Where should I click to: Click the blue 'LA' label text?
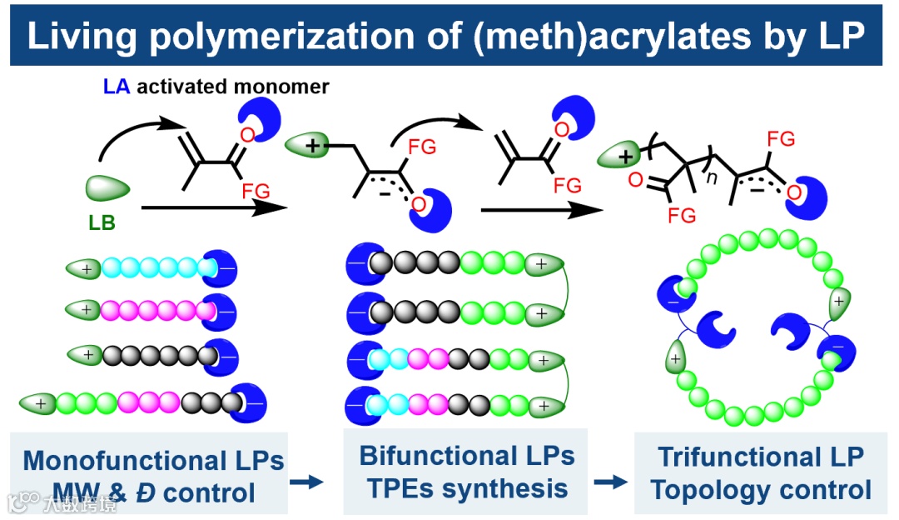pos(116,87)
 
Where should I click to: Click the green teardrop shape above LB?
pos(107,187)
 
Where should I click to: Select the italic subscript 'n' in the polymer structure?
pos(711,177)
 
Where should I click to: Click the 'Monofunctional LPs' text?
pos(154,460)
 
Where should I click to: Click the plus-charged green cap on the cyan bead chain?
pos(83,267)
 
